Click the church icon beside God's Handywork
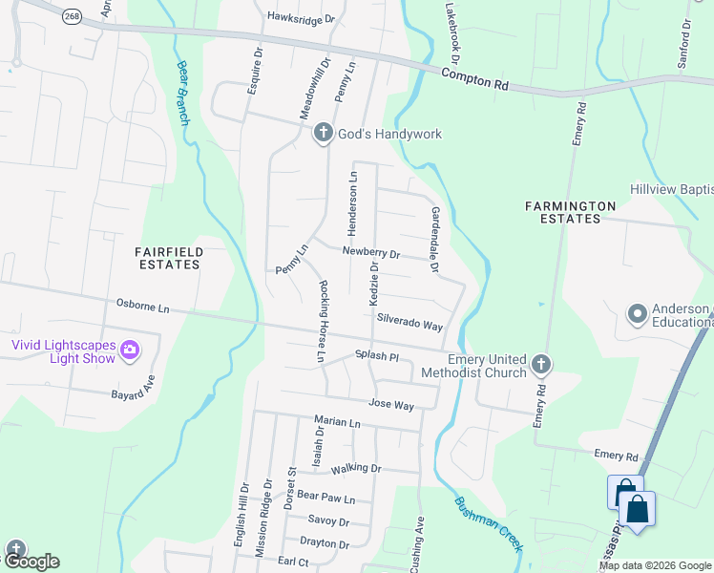coord(323,134)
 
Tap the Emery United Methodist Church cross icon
coord(541,364)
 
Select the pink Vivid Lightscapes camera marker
coord(130,352)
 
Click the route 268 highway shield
coord(72,16)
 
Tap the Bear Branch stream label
coord(183,93)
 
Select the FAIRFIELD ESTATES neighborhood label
coord(167,257)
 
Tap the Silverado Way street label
coord(409,321)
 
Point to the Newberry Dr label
coord(370,253)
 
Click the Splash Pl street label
coord(376,356)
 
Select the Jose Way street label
coord(391,405)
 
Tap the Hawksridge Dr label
coord(302,17)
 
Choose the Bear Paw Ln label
coord(325,498)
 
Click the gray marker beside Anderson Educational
coord(637,313)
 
